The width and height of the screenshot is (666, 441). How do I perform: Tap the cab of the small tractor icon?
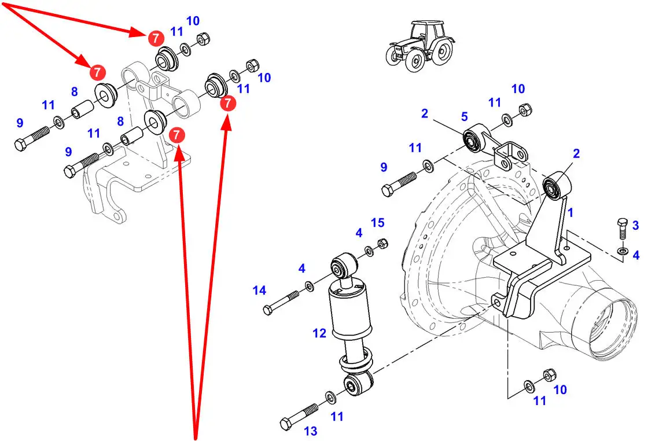(426, 31)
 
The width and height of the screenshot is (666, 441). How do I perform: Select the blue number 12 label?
(319, 333)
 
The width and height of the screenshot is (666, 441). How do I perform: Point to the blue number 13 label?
(311, 431)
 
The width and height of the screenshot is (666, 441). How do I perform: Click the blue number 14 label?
(259, 290)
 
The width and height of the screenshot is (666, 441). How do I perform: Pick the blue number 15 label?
(378, 223)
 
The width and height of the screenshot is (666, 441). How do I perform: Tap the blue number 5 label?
(464, 116)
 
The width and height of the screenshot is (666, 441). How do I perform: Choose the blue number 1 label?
(571, 212)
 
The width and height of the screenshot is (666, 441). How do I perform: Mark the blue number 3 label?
(635, 225)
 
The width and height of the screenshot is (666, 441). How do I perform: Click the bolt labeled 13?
(299, 416)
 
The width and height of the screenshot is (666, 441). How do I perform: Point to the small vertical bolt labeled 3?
(622, 229)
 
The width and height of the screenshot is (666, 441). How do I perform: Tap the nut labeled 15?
(382, 244)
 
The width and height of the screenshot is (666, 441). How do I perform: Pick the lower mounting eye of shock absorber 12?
(358, 384)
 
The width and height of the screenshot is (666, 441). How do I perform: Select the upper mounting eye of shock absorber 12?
(344, 266)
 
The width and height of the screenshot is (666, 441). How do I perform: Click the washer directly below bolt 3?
(623, 251)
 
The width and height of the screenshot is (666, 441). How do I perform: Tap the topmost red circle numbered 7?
(156, 38)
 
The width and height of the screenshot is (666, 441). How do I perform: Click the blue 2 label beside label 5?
(425, 113)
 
